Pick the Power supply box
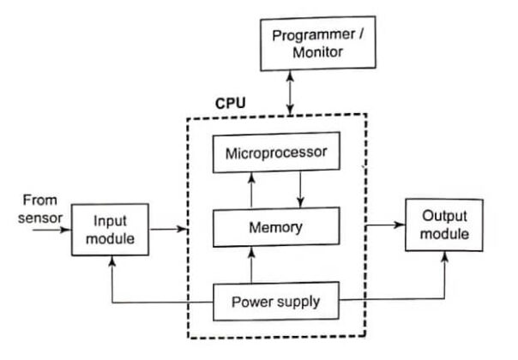[x=276, y=303]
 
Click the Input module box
[x=110, y=229]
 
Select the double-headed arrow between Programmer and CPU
[x=292, y=93]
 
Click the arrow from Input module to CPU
[x=168, y=229]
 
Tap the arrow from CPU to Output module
[x=387, y=226]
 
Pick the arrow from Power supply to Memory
[x=251, y=265]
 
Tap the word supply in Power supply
[x=297, y=303]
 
